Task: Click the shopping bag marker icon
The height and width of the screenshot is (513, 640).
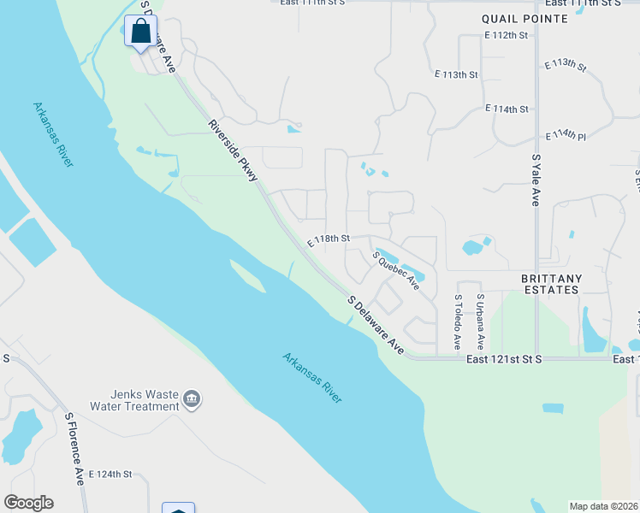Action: tap(140, 31)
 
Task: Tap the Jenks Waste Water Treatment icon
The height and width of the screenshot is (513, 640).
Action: tap(193, 398)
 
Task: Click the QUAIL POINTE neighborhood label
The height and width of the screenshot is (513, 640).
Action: tap(524, 18)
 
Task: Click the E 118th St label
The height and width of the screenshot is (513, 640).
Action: tap(329, 239)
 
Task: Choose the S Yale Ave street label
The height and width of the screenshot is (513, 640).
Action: tap(536, 180)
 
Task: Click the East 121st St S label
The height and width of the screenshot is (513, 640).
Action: tap(505, 360)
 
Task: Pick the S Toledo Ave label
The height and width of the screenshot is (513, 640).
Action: tap(458, 322)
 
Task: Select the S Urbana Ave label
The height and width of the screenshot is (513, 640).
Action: tap(480, 322)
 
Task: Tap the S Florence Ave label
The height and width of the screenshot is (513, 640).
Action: tap(75, 447)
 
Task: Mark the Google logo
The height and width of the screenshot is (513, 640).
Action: tap(28, 503)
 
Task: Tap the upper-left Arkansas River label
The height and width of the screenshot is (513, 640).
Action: tap(52, 134)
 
